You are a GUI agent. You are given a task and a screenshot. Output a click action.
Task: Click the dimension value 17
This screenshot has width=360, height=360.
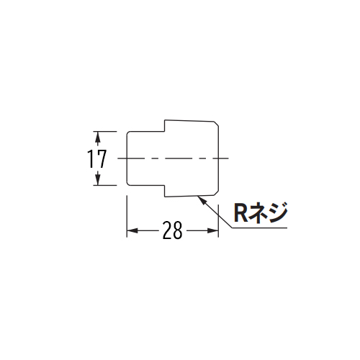tap(96, 158)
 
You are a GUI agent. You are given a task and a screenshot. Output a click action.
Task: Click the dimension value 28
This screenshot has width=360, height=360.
tap(173, 230)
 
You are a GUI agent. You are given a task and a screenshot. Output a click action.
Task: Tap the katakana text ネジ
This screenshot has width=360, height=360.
tap(267, 213)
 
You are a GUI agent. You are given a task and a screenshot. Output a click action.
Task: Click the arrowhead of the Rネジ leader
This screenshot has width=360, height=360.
tap(200, 199)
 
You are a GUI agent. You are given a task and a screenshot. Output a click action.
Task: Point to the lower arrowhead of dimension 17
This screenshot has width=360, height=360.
tap(97, 179)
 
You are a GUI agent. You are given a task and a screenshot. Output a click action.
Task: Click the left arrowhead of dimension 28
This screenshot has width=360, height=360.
tap(132, 230)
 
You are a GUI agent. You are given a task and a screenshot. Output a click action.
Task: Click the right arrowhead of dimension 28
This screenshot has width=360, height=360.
tap(213, 230)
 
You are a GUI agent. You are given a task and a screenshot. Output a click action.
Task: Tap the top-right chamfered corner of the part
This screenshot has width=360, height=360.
tap(216, 124)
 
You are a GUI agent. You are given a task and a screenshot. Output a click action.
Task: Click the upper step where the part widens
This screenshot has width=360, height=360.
tap(165, 126)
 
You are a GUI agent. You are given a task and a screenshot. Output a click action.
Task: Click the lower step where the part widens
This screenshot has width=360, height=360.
tap(165, 191)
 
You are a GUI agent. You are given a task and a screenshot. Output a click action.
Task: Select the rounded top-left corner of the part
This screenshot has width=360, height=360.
tap(127, 132)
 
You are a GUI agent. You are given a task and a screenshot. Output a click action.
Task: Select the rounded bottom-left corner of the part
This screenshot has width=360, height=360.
tap(127, 184)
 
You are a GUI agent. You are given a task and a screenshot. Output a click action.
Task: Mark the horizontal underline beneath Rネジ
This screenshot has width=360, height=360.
tap(259, 228)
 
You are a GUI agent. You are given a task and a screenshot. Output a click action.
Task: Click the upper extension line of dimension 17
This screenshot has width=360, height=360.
tap(105, 132)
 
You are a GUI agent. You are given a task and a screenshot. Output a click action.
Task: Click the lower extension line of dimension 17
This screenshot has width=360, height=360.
tap(105, 185)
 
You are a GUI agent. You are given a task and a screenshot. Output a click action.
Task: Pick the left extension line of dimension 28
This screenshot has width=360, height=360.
tap(127, 217)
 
